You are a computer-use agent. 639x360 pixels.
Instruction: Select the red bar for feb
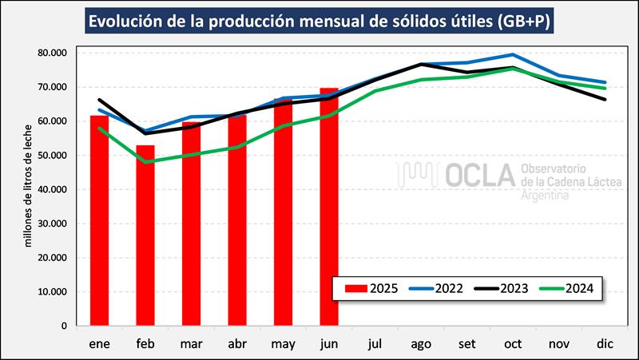tap(145, 235)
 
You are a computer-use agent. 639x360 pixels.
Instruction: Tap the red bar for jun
tap(328, 207)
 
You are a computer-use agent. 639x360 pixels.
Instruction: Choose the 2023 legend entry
tap(505, 288)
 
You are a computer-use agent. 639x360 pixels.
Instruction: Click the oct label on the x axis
tap(512, 344)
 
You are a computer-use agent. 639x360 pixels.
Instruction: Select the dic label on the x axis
tap(604, 344)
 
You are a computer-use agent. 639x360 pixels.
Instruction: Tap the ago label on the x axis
tap(420, 344)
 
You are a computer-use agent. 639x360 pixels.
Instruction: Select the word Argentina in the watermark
tap(545, 196)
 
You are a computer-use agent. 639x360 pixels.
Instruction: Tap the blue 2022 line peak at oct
tap(512, 55)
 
